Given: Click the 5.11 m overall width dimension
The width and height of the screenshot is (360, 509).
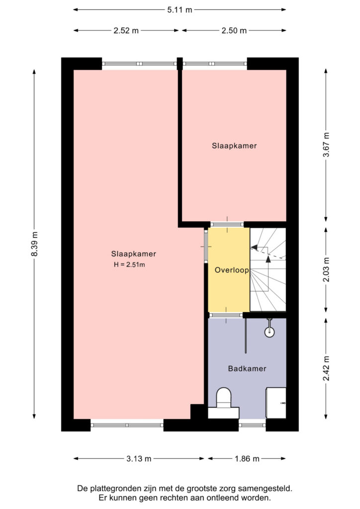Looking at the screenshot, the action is tap(180, 10).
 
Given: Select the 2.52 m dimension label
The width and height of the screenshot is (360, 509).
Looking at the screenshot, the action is tap(126, 30).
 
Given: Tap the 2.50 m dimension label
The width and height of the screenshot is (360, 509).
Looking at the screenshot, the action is tap(234, 30).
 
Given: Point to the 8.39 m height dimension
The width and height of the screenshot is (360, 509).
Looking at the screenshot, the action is tap(34, 244).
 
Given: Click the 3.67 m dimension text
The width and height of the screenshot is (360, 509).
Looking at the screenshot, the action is tap(326, 145).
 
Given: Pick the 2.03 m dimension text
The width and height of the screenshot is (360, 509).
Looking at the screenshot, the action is tap(326, 269).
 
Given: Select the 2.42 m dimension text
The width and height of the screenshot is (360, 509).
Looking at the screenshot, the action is tap(326, 368).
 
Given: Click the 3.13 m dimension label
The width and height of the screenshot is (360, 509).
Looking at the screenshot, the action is tap(139, 459).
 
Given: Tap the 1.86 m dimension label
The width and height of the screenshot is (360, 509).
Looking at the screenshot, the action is tap(247, 459).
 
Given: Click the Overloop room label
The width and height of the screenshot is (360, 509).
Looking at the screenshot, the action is tap(232, 270).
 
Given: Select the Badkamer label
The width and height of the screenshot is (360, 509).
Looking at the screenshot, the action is tap(247, 369).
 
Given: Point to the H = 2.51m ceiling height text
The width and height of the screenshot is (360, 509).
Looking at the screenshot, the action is tap(129, 265).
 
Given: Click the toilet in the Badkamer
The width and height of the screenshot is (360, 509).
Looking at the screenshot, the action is tap(224, 403).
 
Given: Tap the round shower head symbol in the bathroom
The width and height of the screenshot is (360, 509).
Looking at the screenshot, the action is tap(270, 332).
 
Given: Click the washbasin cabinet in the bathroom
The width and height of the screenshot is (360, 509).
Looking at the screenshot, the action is tap(276, 403).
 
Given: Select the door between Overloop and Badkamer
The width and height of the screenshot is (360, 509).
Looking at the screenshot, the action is tap(226, 315).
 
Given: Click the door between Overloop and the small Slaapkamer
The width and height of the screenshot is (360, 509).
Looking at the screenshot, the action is tap(227, 224).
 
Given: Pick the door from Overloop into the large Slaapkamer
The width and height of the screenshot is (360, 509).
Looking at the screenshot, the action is tap(206, 246).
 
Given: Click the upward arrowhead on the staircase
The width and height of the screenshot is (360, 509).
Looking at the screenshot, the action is tap(268, 259).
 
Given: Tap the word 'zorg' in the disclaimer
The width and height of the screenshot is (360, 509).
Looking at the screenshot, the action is tap(228, 488).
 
